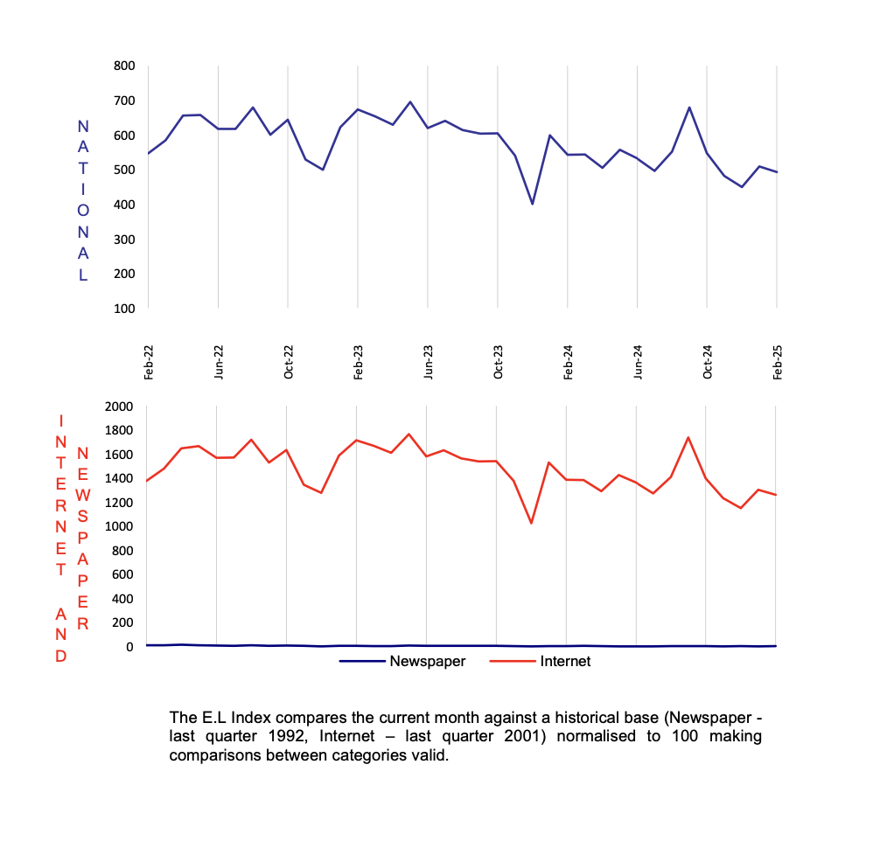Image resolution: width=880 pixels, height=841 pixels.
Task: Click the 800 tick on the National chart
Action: pyautogui.click(x=124, y=66)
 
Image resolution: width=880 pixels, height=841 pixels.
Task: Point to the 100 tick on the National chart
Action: pyautogui.click(x=124, y=309)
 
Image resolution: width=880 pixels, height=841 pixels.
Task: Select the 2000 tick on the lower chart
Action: pyautogui.click(x=119, y=407)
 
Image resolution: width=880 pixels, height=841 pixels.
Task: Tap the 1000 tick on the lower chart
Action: pyautogui.click(x=119, y=526)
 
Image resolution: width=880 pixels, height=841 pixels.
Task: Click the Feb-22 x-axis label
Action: pyautogui.click(x=148, y=361)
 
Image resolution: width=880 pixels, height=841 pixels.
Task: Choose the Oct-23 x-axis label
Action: pyautogui.click(x=498, y=361)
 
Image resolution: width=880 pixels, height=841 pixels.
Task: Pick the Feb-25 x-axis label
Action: pyautogui.click(x=777, y=361)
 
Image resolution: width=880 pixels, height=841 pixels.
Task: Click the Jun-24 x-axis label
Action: pyautogui.click(x=638, y=361)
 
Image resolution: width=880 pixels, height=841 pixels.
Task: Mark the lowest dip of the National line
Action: pyautogui.click(x=532, y=204)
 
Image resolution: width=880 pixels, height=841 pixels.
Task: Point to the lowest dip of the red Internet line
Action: pyautogui.click(x=531, y=524)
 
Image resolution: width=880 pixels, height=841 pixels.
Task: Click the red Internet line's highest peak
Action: pyautogui.click(x=409, y=434)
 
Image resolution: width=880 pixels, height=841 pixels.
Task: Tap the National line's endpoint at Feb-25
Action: pyautogui.click(x=777, y=172)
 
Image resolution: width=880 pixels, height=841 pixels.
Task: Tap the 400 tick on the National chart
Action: pyautogui.click(x=124, y=205)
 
